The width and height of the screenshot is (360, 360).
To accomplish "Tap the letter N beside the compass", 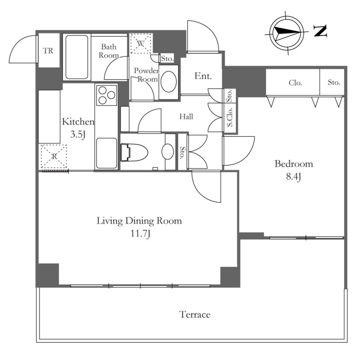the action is (320, 31).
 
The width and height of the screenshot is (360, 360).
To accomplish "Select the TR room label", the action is (48, 51).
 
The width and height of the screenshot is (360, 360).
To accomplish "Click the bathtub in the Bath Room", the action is (76, 57).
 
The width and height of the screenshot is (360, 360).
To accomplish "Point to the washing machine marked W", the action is (141, 43).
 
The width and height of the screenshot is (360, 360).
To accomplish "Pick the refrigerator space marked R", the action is (54, 157).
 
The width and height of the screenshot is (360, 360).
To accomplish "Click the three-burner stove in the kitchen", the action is (107, 95).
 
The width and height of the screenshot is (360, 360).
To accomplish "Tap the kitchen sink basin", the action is (106, 153).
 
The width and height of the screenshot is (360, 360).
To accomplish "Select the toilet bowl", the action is (134, 152).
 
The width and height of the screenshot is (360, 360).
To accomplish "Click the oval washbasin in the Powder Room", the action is (169, 82).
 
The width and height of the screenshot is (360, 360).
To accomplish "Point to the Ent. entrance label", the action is (203, 76).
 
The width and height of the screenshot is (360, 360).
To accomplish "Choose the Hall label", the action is (186, 117).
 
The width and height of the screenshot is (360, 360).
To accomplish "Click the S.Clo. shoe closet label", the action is (229, 117).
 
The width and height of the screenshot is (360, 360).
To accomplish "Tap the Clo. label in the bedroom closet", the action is (295, 83).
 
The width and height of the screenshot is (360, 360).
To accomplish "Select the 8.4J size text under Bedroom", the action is (293, 177).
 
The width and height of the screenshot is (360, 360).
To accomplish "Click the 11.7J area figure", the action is (140, 234).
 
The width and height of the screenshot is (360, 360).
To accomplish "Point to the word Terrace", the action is (195, 315).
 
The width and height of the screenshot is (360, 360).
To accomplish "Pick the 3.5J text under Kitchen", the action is (78, 134).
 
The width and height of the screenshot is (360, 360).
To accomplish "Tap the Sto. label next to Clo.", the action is (334, 82).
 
